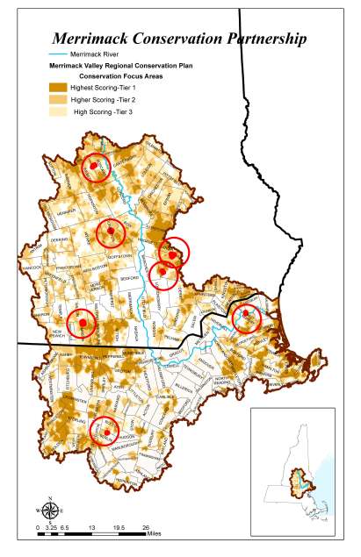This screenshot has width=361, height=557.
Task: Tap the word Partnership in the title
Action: (x=262, y=39)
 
